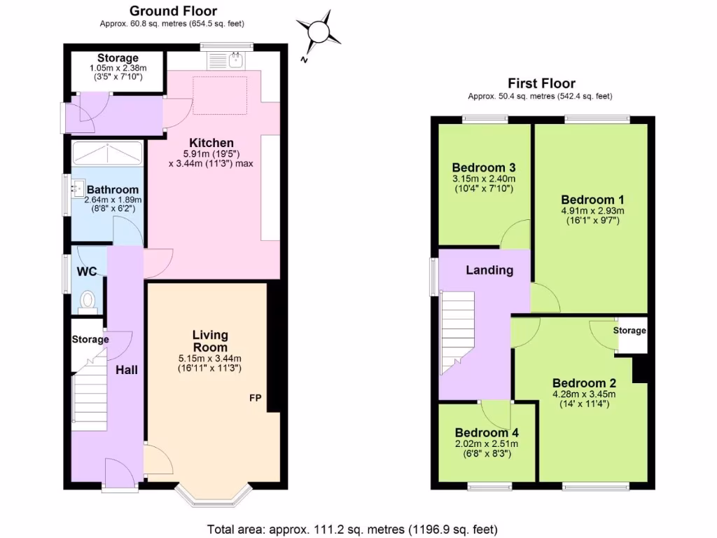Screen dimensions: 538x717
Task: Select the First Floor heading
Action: click(542, 83)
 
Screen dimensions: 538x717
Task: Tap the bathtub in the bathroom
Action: click(107, 152)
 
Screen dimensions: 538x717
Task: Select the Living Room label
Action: click(210, 341)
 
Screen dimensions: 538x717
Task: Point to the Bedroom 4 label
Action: click(486, 432)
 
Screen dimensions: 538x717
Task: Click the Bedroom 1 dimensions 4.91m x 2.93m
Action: click(592, 210)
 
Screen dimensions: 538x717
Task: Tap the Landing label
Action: click(489, 270)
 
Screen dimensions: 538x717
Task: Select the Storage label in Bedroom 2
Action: click(629, 330)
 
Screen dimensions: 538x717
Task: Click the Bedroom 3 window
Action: click(485, 120)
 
